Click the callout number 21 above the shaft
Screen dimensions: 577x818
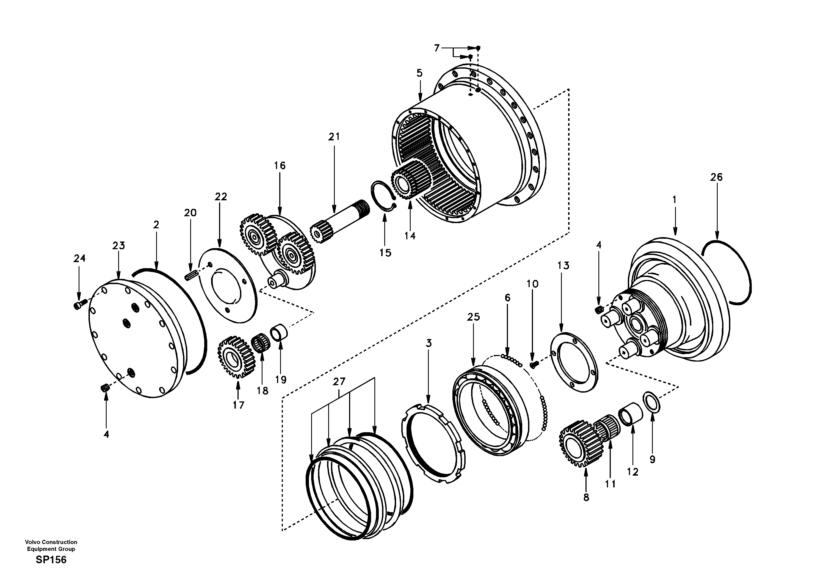pos(334,137)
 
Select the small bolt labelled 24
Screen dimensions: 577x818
pos(80,304)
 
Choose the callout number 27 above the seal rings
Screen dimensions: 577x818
pos(339,382)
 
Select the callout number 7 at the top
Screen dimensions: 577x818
pos(437,48)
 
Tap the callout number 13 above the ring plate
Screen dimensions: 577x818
pos(563,266)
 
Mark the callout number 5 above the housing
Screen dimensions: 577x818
pos(419,73)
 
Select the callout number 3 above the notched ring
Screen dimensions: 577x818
pos(429,343)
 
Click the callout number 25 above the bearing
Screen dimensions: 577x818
pos(474,317)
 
